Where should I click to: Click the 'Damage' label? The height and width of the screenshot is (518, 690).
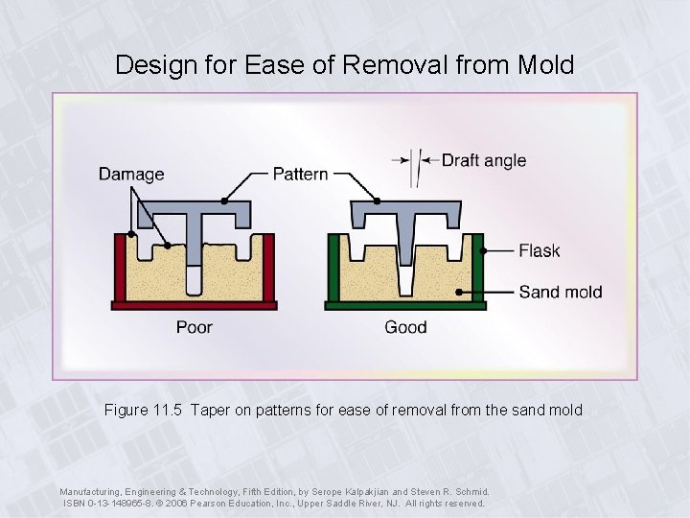(131, 175)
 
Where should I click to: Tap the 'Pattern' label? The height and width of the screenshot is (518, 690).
(300, 174)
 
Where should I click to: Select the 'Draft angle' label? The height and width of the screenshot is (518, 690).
(483, 160)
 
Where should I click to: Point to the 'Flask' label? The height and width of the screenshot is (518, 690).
(539, 251)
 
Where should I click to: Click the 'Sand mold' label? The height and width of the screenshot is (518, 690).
(561, 292)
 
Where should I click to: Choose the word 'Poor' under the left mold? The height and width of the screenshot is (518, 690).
(194, 328)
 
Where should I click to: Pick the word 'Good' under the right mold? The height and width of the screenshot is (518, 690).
(405, 328)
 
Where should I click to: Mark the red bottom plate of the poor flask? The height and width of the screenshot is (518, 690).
(195, 305)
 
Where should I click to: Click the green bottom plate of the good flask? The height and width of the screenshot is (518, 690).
(406, 305)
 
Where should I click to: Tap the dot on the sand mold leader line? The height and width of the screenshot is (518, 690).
(460, 292)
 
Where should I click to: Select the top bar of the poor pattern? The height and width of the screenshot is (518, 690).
(195, 208)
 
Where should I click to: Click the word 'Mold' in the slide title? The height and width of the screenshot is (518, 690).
(544, 65)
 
